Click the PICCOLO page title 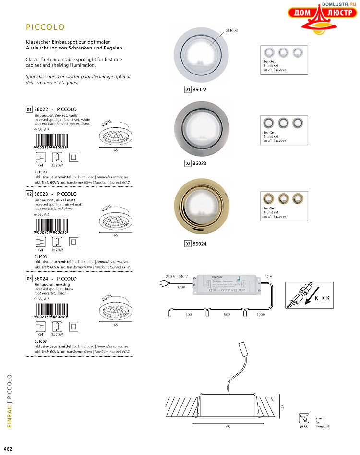click(45, 27)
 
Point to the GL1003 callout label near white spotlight click(231, 30)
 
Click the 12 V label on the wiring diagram click(268, 277)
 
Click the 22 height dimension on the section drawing click(283, 406)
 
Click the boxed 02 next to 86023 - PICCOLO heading click(29, 193)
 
